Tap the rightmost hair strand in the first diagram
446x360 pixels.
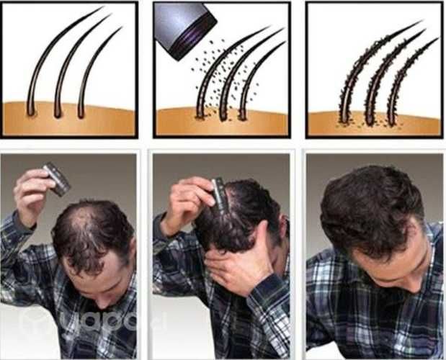(94, 68)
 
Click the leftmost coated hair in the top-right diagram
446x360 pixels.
(367, 68)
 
